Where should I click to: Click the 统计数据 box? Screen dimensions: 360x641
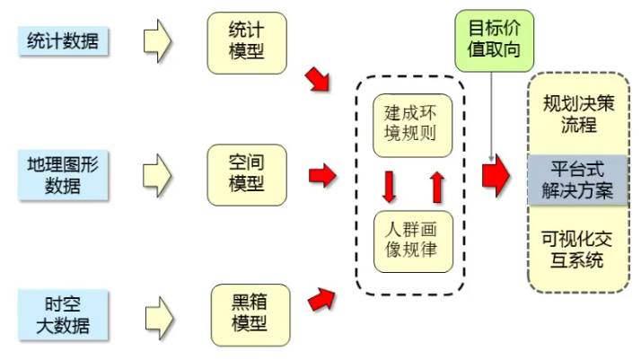(62, 40)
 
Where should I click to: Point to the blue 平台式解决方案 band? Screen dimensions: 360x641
(578, 180)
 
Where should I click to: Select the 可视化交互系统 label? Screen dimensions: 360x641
(578, 249)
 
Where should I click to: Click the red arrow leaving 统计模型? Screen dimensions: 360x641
(318, 79)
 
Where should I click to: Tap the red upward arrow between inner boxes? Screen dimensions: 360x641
(437, 187)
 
